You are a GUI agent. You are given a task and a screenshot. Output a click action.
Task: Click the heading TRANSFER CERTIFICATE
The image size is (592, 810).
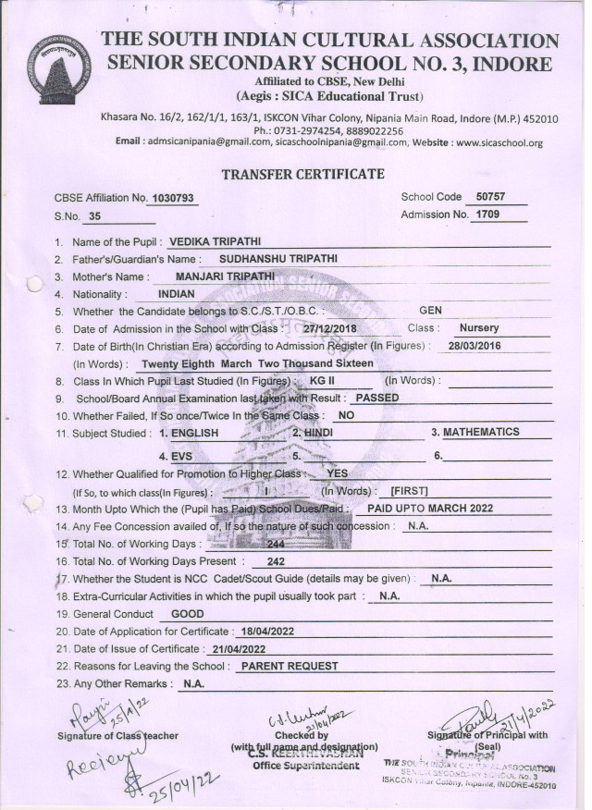coord(302,174)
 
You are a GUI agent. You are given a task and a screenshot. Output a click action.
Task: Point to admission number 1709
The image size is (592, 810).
coord(487,215)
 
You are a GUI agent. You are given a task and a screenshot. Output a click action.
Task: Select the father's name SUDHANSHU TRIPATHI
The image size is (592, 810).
coord(278,259)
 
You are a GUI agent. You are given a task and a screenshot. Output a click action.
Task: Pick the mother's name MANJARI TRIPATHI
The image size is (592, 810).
coord(225,276)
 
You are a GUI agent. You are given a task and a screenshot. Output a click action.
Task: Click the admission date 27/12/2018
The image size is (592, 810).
coord(330,328)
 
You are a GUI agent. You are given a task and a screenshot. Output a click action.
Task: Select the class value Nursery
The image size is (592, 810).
coord(478,327)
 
